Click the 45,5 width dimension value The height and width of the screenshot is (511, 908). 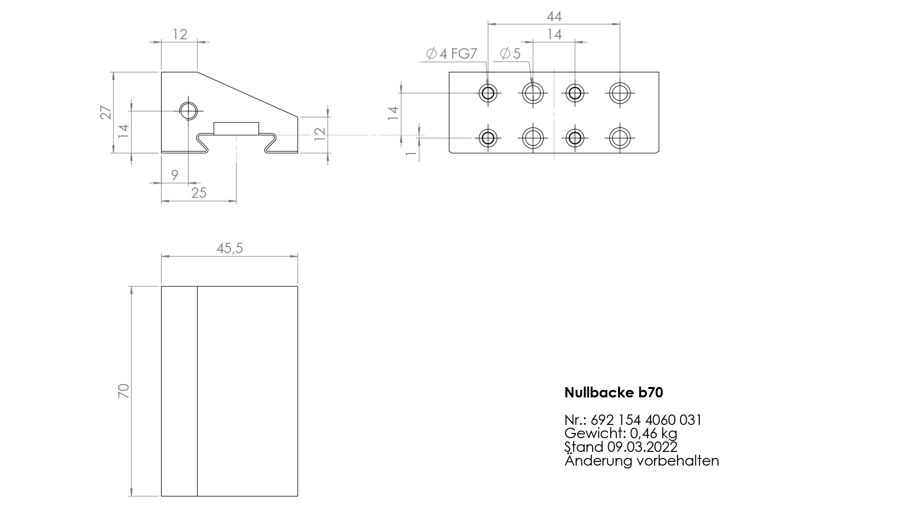click(x=230, y=248)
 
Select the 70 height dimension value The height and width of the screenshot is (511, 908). click(x=123, y=391)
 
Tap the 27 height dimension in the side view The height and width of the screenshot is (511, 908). click(x=106, y=113)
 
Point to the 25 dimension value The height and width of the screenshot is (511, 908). click(x=199, y=193)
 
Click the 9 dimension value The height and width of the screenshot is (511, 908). click(x=175, y=175)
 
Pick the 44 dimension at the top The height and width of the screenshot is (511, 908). click(x=554, y=17)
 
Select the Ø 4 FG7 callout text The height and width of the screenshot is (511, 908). click(x=452, y=54)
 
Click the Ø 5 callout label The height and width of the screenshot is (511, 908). click(x=510, y=54)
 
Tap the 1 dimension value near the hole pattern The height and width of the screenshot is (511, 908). click(x=411, y=152)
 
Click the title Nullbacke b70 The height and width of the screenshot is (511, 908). click(x=614, y=392)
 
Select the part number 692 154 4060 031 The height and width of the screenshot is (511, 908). click(x=646, y=420)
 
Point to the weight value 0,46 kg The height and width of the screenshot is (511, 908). click(x=654, y=433)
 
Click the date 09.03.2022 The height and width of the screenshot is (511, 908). click(x=642, y=447)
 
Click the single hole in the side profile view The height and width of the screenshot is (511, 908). click(x=188, y=111)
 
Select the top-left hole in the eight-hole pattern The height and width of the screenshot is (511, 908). click(x=488, y=93)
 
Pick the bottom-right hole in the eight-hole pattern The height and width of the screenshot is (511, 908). click(x=619, y=138)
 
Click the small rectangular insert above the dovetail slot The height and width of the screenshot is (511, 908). click(x=236, y=129)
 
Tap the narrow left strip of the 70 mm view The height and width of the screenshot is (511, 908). click(x=179, y=391)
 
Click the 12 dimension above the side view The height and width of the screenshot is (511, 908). click(x=180, y=34)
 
